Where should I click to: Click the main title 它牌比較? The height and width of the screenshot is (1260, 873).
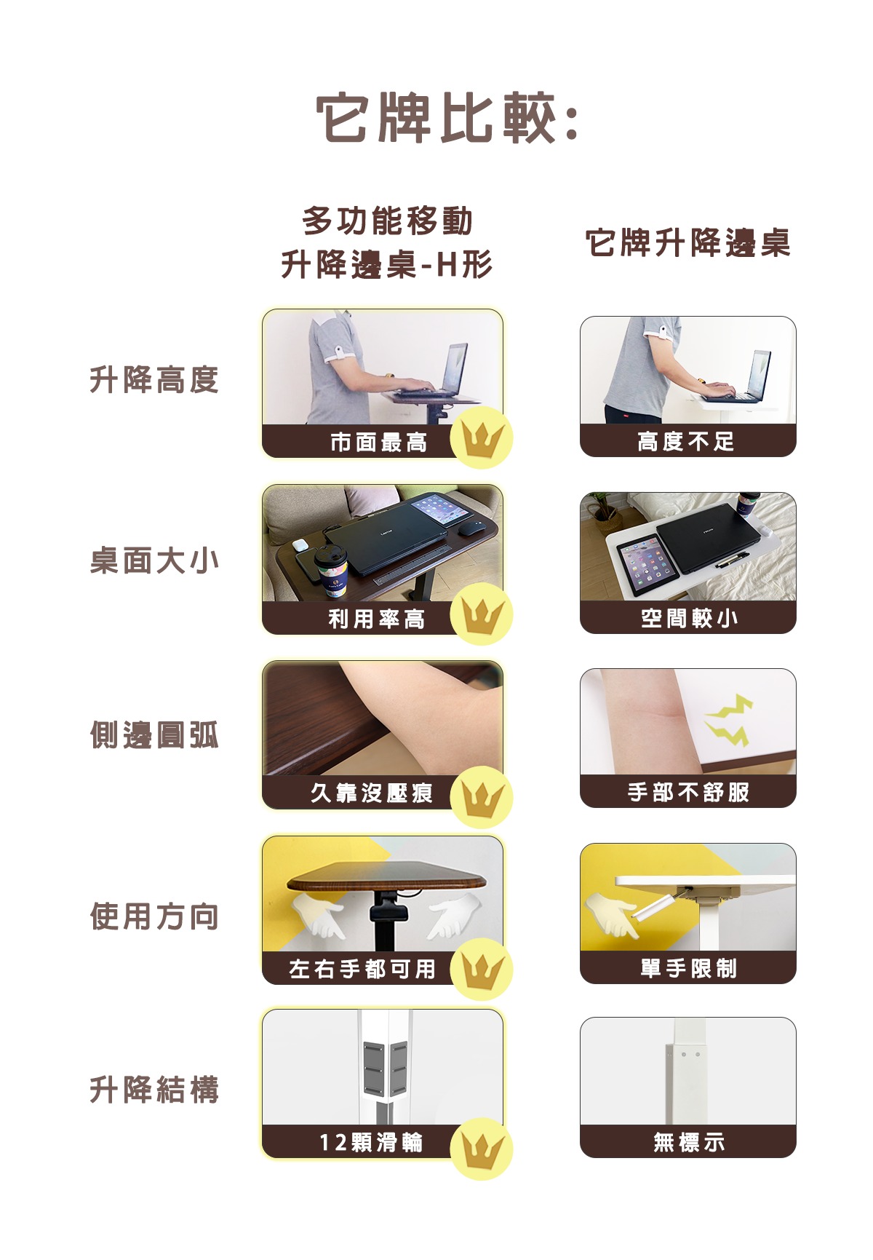click(447, 118)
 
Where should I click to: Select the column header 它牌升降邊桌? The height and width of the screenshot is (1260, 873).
click(688, 242)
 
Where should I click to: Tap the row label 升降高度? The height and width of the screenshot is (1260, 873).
click(154, 379)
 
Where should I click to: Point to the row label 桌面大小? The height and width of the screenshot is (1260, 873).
click(154, 560)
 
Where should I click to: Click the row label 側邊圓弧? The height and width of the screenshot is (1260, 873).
click(154, 735)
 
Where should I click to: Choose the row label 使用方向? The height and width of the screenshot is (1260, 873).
click(154, 916)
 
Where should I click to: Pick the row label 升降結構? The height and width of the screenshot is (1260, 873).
click(154, 1090)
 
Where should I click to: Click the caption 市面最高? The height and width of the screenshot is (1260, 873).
click(378, 442)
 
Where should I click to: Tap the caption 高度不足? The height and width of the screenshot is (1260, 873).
click(686, 441)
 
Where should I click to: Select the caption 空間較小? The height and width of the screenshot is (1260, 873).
click(689, 618)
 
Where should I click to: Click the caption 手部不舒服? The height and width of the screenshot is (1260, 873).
click(688, 792)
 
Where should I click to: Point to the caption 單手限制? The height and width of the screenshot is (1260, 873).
click(688, 968)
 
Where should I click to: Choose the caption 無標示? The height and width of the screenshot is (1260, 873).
click(688, 1142)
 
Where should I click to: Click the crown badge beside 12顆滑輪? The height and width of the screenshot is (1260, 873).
click(482, 1149)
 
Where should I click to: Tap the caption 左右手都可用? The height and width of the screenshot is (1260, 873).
click(362, 969)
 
